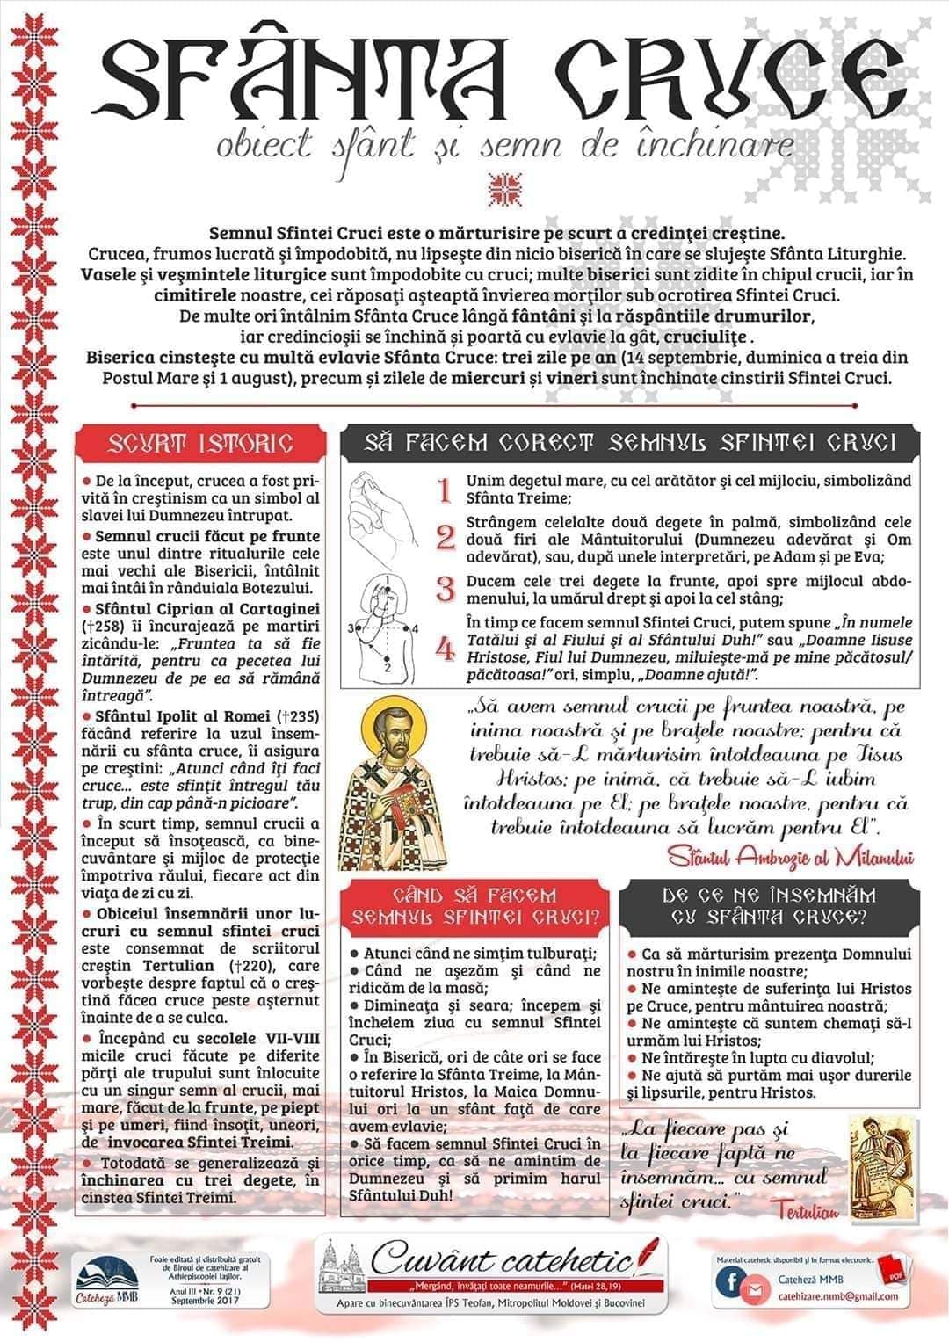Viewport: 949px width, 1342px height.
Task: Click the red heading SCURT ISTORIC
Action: [200, 443]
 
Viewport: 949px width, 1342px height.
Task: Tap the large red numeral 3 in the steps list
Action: [446, 587]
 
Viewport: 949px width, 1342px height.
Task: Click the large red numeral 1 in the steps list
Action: [446, 490]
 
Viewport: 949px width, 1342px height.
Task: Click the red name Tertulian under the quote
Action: [808, 1210]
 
